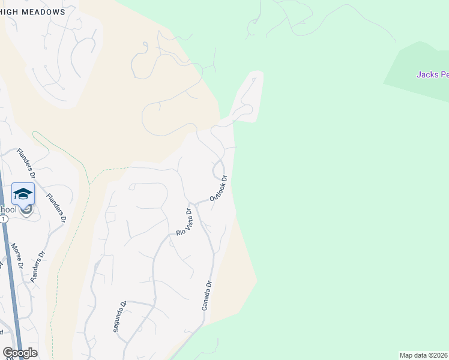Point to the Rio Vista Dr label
point(184,221)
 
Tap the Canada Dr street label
point(207,295)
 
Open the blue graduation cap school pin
point(23,194)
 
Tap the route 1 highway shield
point(4,220)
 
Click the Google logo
point(20,353)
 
